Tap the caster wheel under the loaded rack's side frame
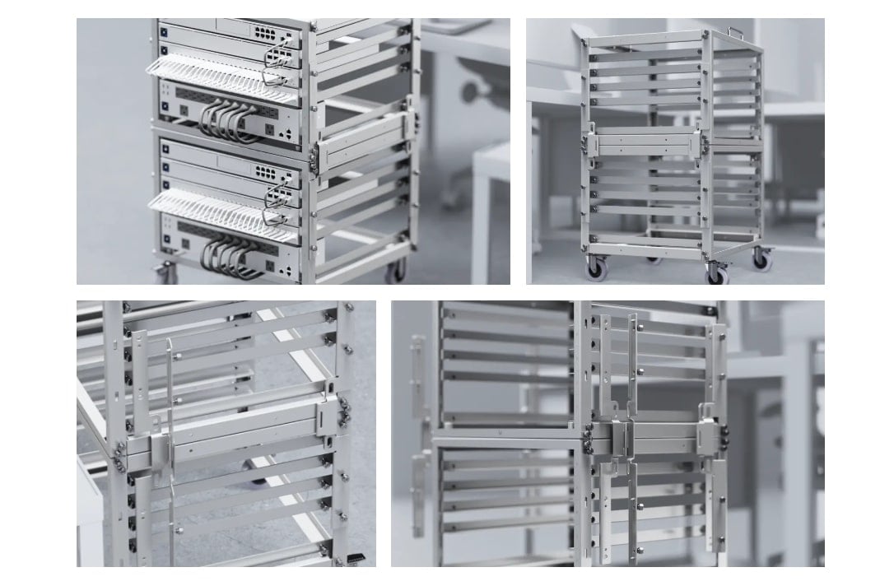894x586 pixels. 399,269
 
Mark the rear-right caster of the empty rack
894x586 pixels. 762,261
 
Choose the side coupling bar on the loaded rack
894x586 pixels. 362,135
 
